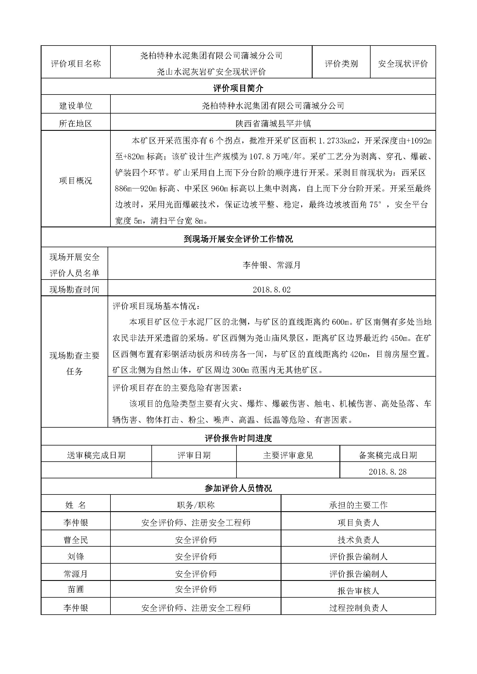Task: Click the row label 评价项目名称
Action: tap(76, 64)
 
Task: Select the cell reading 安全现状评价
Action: tap(403, 64)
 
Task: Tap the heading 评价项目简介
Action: tap(238, 88)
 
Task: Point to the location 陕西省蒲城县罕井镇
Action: tap(273, 124)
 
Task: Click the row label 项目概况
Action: tap(76, 181)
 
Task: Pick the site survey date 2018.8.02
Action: tap(272, 290)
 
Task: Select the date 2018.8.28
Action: tap(387, 472)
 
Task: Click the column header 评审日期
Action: tap(194, 455)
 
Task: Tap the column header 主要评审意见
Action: tap(288, 455)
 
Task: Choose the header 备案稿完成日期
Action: tap(388, 455)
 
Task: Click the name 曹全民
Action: tap(76, 540)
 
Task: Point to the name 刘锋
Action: tap(76, 557)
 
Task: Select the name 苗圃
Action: tap(76, 589)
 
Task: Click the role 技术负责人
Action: tap(358, 540)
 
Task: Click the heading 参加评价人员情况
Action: tap(238, 488)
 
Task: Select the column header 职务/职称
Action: tap(196, 505)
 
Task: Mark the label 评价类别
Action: tap(341, 64)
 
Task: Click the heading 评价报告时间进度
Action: tap(238, 438)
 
